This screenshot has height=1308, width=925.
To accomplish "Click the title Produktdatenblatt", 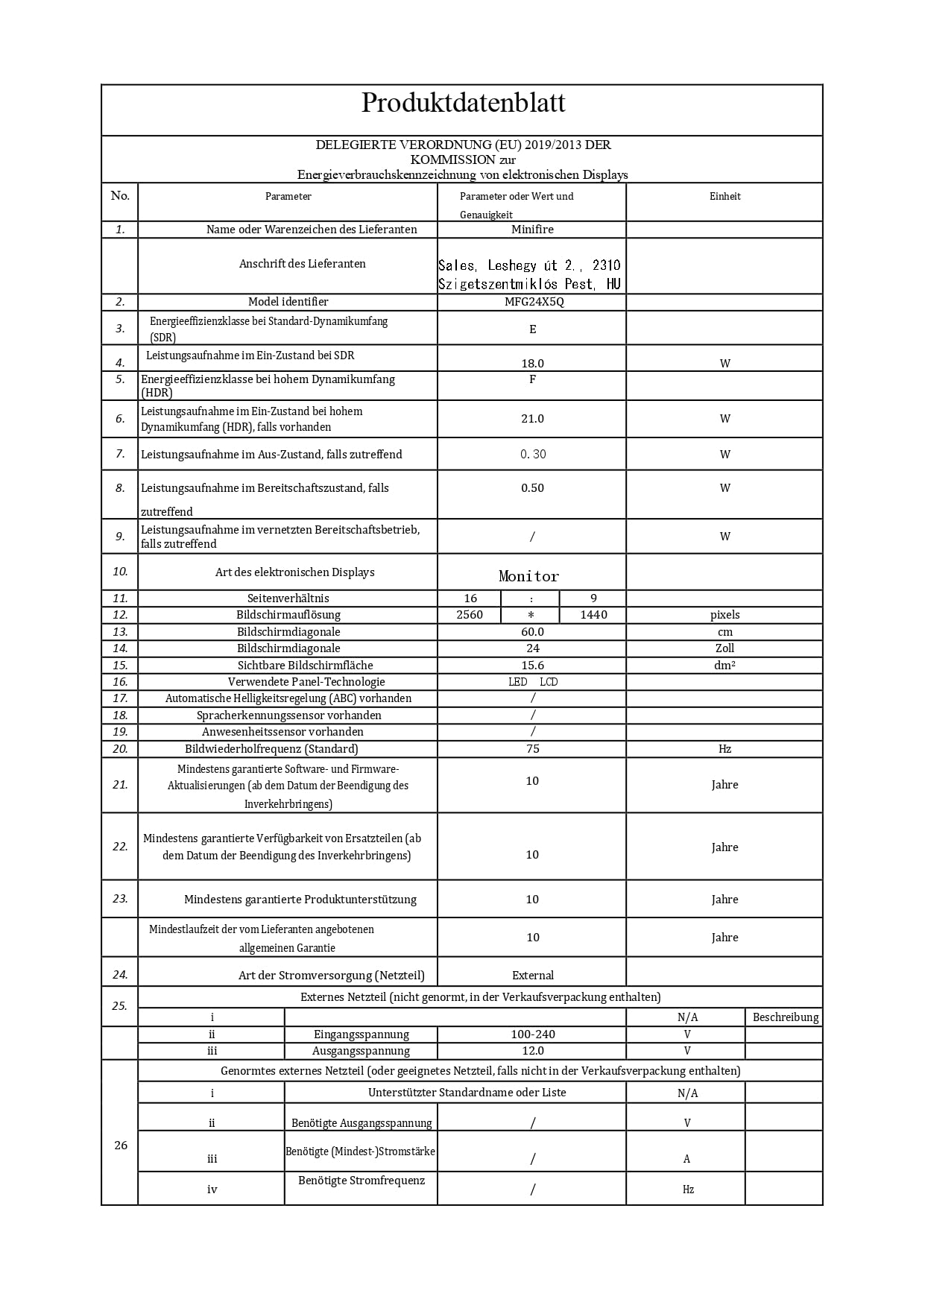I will coord(463,103).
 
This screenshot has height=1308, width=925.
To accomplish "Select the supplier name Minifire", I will coord(532,230).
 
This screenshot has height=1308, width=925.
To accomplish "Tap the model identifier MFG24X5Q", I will coord(532,302).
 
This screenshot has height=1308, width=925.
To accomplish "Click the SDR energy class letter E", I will coord(532,329).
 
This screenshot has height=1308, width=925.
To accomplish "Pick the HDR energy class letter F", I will coord(532,379).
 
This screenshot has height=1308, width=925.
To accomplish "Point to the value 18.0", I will coord(532,364).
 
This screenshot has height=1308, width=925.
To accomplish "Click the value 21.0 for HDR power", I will coord(532,419).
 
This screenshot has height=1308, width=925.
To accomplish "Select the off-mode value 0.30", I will coord(532,455).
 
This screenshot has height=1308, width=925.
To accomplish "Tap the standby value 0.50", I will coord(532,488).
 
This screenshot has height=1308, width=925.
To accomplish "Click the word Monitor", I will coord(528,576).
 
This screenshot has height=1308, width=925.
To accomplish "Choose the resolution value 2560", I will coord(470,615).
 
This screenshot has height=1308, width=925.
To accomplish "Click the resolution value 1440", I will coord(593,615).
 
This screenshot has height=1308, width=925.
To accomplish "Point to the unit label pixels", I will coord(724,615).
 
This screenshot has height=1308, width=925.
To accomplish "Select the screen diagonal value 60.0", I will coord(532,632).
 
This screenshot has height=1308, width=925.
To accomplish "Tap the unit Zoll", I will coord(724,648).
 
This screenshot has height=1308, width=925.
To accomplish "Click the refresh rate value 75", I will coord(532,749).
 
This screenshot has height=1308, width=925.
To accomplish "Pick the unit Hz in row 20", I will coord(724,749).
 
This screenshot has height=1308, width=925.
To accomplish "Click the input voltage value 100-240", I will coord(532,1034).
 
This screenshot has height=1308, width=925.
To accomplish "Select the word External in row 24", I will coord(532,976).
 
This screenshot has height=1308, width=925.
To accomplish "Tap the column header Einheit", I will coord(724,197).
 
